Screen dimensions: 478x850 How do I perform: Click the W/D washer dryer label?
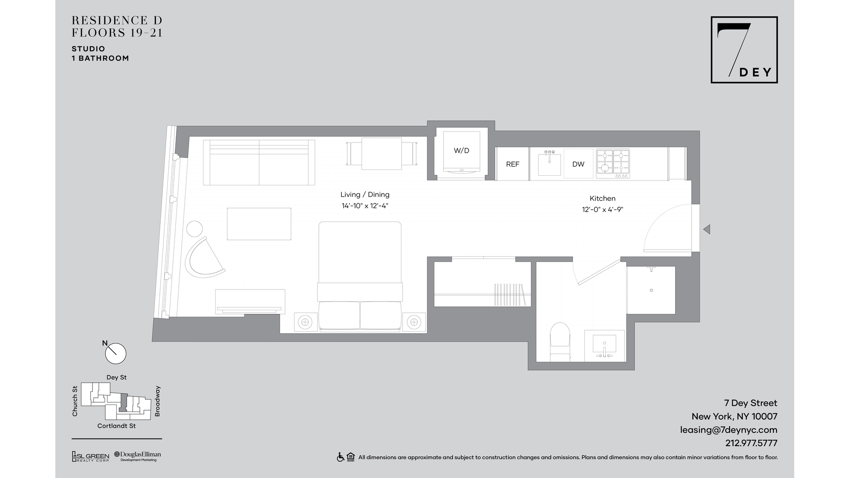click(x=461, y=150)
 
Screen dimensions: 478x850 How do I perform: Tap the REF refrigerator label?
click(x=512, y=164)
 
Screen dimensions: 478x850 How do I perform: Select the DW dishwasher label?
click(x=578, y=164)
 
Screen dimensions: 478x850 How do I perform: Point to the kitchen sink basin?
click(x=549, y=165)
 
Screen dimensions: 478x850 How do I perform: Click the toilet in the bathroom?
click(x=560, y=342)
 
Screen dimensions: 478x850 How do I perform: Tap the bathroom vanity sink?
click(x=604, y=346)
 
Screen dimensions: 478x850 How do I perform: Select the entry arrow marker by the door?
click(x=707, y=229)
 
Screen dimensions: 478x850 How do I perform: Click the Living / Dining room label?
click(x=365, y=194)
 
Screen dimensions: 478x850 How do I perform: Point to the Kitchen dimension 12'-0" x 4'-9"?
click(x=603, y=210)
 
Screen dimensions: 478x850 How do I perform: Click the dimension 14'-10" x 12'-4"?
click(x=365, y=206)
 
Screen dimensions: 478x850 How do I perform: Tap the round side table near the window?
click(x=194, y=229)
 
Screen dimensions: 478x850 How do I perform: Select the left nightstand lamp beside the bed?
click(x=305, y=322)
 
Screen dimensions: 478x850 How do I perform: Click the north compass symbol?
click(x=115, y=353)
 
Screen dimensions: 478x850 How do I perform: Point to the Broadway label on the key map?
click(x=157, y=401)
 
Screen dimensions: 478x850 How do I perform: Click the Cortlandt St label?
click(x=116, y=426)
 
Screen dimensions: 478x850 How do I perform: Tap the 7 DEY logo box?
click(x=744, y=50)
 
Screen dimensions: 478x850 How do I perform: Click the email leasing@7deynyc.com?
click(x=728, y=430)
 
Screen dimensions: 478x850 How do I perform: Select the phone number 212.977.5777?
click(x=751, y=443)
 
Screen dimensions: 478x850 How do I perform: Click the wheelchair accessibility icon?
click(x=340, y=457)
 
